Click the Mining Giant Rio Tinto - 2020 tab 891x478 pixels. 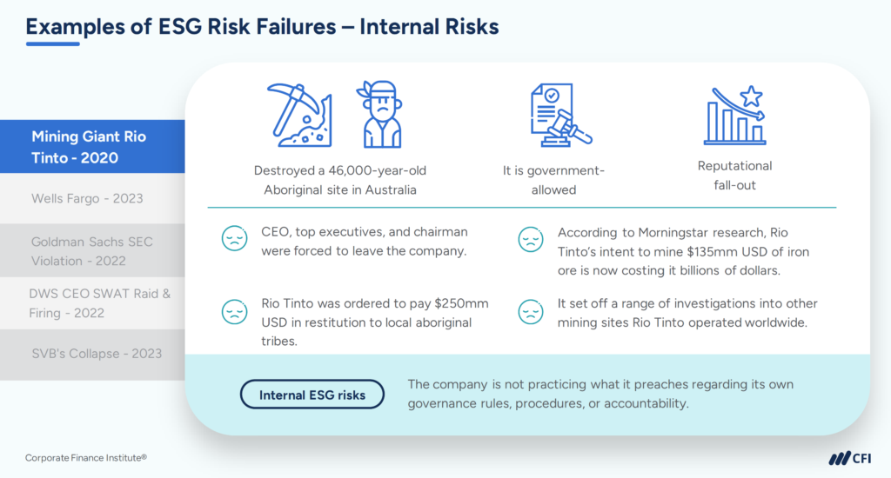point(91,147)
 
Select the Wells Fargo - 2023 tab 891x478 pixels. point(87,198)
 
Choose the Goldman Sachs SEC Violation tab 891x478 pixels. point(91,250)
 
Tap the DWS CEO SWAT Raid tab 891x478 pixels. point(91,302)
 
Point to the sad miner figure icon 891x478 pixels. point(380,115)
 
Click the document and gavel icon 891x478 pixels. point(558,115)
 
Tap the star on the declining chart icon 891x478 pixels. point(750,96)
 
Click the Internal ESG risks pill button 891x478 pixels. point(312,395)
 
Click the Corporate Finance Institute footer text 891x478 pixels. point(85,457)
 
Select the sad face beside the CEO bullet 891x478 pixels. point(234,240)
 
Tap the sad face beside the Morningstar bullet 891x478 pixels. point(530,240)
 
